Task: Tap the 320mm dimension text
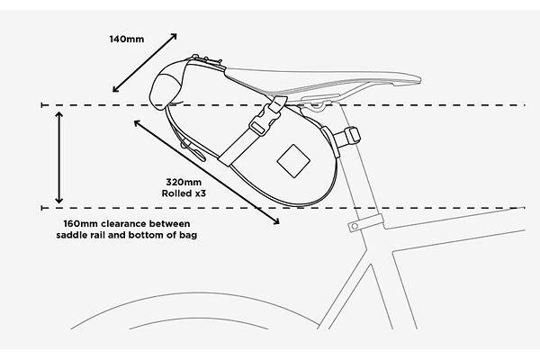[x=180, y=181]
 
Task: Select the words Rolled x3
[x=183, y=193]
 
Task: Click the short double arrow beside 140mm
[x=144, y=64]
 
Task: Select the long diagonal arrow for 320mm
[x=206, y=170]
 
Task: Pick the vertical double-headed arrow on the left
[x=59, y=156]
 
